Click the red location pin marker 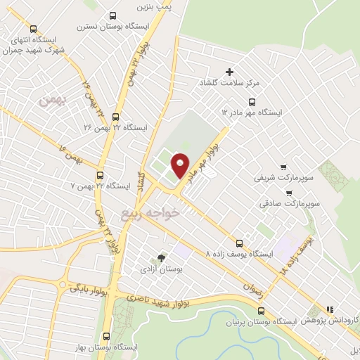181,165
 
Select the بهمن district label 52,102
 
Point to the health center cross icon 229,72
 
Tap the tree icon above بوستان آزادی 162,258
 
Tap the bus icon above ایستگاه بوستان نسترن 113,16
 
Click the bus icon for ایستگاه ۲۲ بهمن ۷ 99,175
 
